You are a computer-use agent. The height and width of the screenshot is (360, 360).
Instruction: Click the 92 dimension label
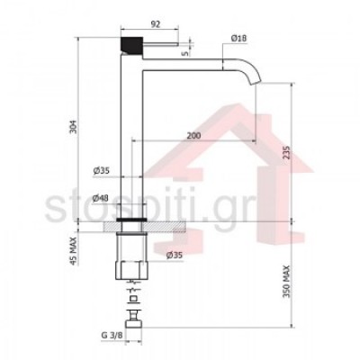[x=155, y=24]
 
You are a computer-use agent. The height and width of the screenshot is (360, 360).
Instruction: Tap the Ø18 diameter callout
[x=238, y=38]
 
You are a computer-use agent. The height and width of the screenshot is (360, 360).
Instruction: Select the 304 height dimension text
[x=74, y=127]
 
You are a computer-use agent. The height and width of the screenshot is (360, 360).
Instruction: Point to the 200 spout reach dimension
[x=193, y=136]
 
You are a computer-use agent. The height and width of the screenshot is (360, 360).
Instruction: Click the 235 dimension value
[x=286, y=152]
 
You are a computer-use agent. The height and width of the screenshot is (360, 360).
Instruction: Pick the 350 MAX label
[x=286, y=282]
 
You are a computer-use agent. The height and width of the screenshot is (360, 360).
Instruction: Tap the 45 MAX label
[x=74, y=251]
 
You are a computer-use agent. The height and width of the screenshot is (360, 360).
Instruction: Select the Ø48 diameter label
[x=101, y=198]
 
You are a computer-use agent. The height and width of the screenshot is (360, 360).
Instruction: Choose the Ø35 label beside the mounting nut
[x=175, y=256]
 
